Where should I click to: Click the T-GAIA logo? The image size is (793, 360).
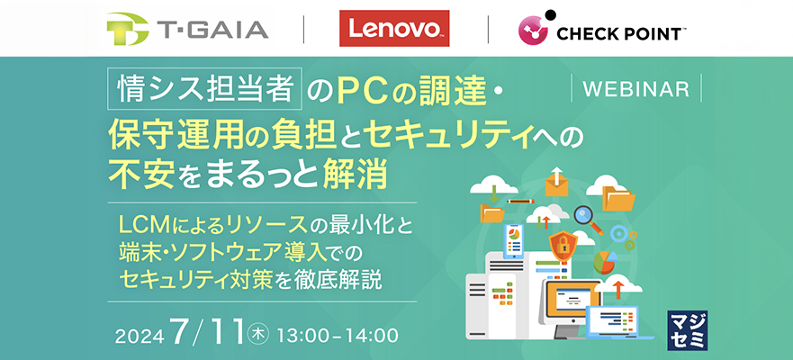click(186, 30)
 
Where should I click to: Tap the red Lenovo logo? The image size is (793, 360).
click(394, 30)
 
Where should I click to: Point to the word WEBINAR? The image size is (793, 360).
click(636, 89)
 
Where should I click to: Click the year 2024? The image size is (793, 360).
click(142, 337)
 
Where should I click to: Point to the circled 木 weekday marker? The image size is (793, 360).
click(257, 336)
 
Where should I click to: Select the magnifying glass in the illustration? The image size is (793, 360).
click(587, 217)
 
